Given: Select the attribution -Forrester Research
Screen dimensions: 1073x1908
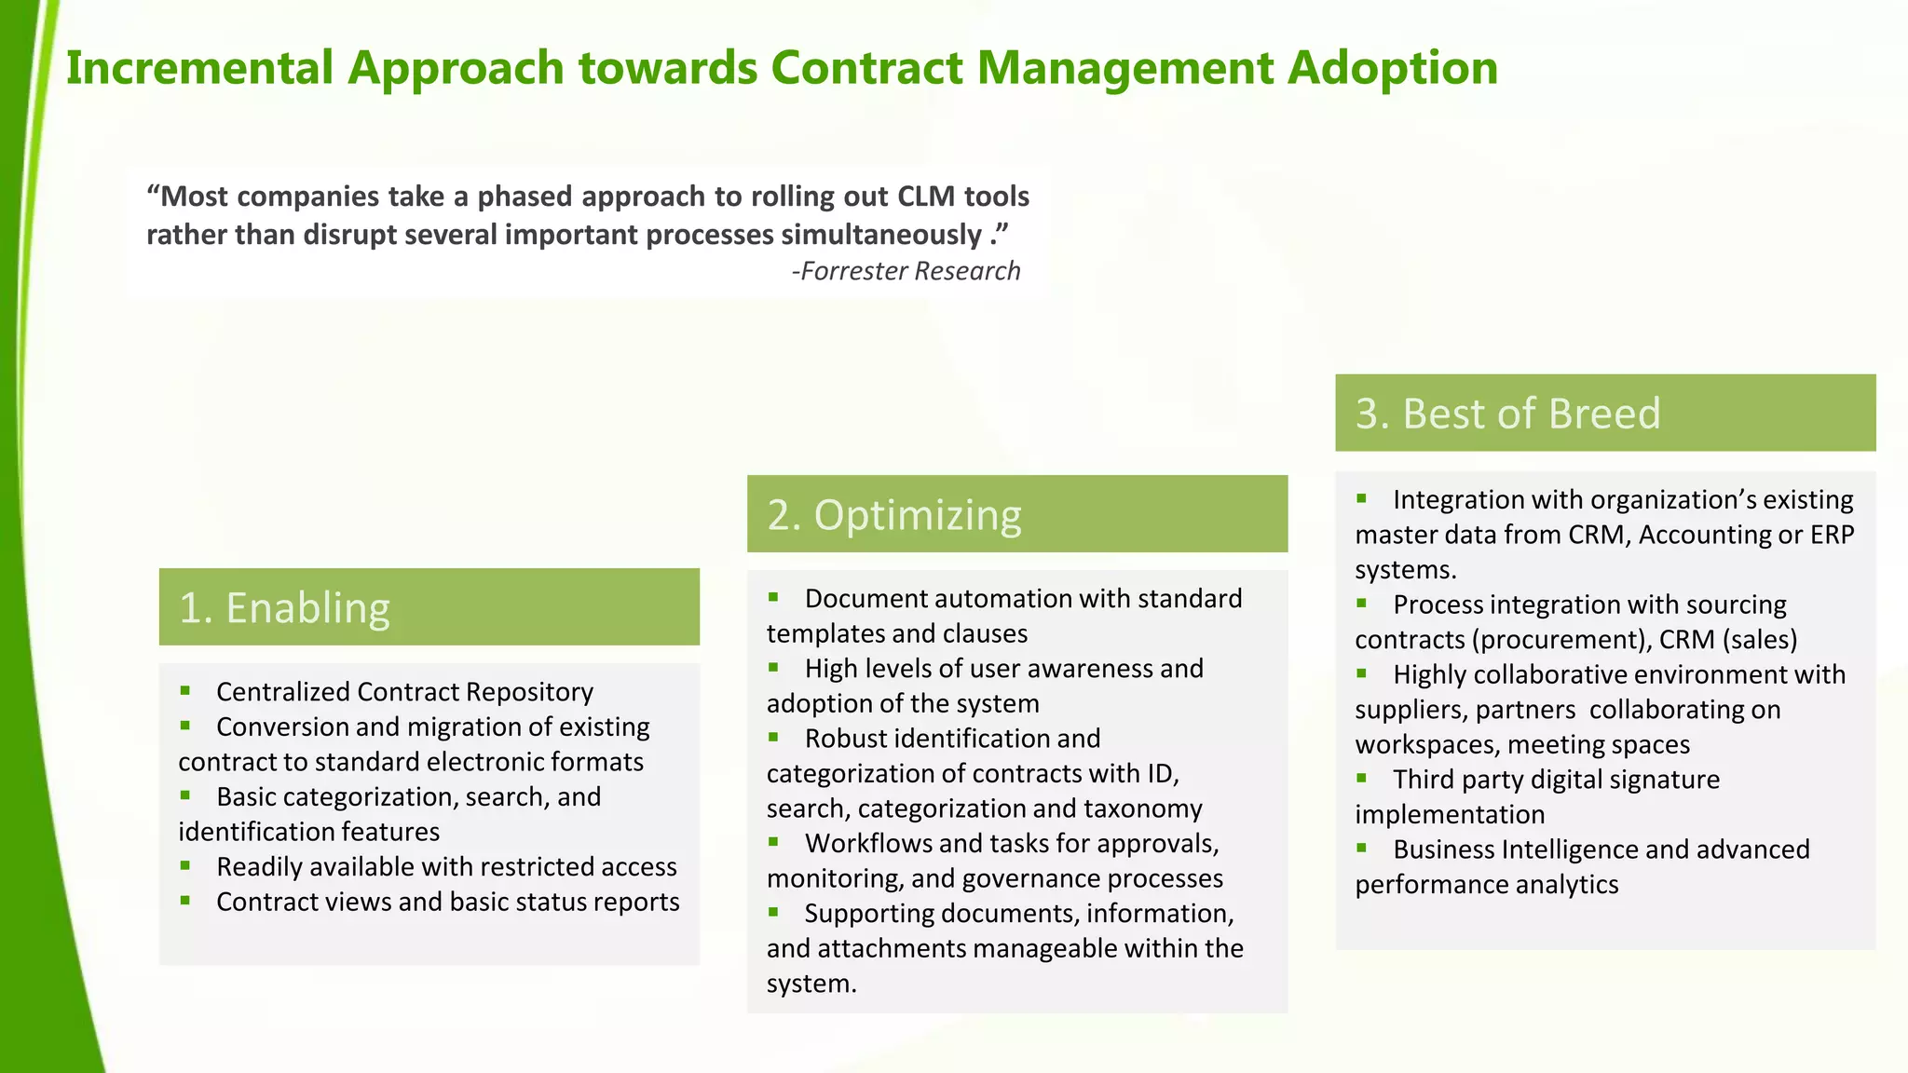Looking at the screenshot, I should point(906,271).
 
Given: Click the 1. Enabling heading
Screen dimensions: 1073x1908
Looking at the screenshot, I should point(284,607).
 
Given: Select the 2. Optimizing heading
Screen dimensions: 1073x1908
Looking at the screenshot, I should point(894,515).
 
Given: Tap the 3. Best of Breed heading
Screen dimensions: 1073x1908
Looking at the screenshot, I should point(1507,414).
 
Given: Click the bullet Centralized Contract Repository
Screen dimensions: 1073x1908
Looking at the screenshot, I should point(404,692).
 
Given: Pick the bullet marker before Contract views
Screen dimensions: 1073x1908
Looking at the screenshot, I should point(185,901).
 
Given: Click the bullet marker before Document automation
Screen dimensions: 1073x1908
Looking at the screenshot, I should point(773,597).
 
